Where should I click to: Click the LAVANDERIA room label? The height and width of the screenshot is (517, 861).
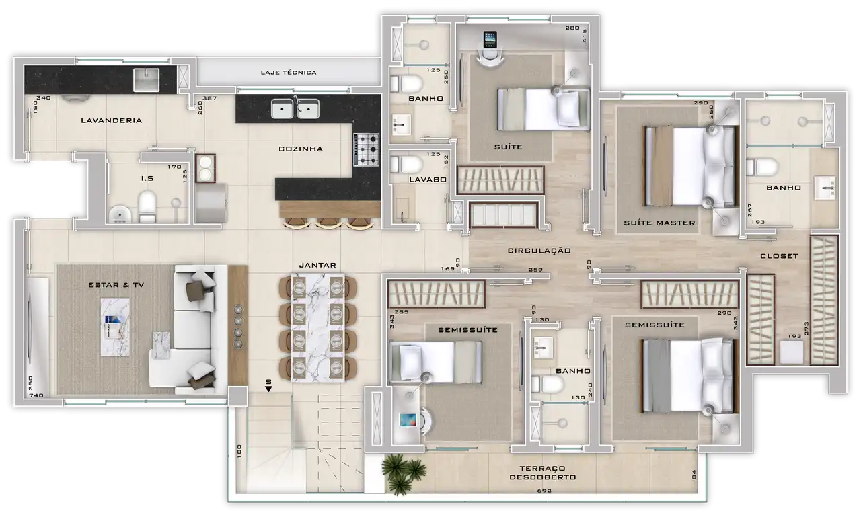tap(112, 120)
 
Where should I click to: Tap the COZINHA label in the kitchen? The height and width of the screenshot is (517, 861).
tap(301, 149)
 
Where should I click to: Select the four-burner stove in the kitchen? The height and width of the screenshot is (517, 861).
tap(367, 150)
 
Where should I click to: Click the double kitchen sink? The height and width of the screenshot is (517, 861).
tap(295, 109)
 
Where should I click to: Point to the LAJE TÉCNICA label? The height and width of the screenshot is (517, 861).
tap(289, 73)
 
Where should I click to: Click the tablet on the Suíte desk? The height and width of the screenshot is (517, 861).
tap(490, 40)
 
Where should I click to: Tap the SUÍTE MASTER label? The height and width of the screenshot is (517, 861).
tap(660, 223)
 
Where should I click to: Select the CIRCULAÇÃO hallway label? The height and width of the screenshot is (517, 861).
tap(539, 251)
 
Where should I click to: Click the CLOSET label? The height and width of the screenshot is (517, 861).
tap(780, 256)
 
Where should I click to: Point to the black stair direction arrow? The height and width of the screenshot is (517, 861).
tap(268, 389)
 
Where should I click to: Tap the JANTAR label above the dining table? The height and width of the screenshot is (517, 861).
tap(317, 266)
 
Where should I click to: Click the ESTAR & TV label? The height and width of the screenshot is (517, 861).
tap(116, 285)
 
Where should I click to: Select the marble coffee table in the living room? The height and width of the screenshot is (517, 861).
tap(115, 327)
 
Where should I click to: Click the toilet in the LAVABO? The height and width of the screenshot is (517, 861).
tap(406, 165)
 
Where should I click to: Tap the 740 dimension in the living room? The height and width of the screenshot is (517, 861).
tap(36, 395)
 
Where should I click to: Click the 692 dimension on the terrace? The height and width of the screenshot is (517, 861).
tap(544, 491)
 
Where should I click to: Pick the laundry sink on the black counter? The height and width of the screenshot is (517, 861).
tap(147, 80)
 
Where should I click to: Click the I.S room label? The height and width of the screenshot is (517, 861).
tap(147, 178)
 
